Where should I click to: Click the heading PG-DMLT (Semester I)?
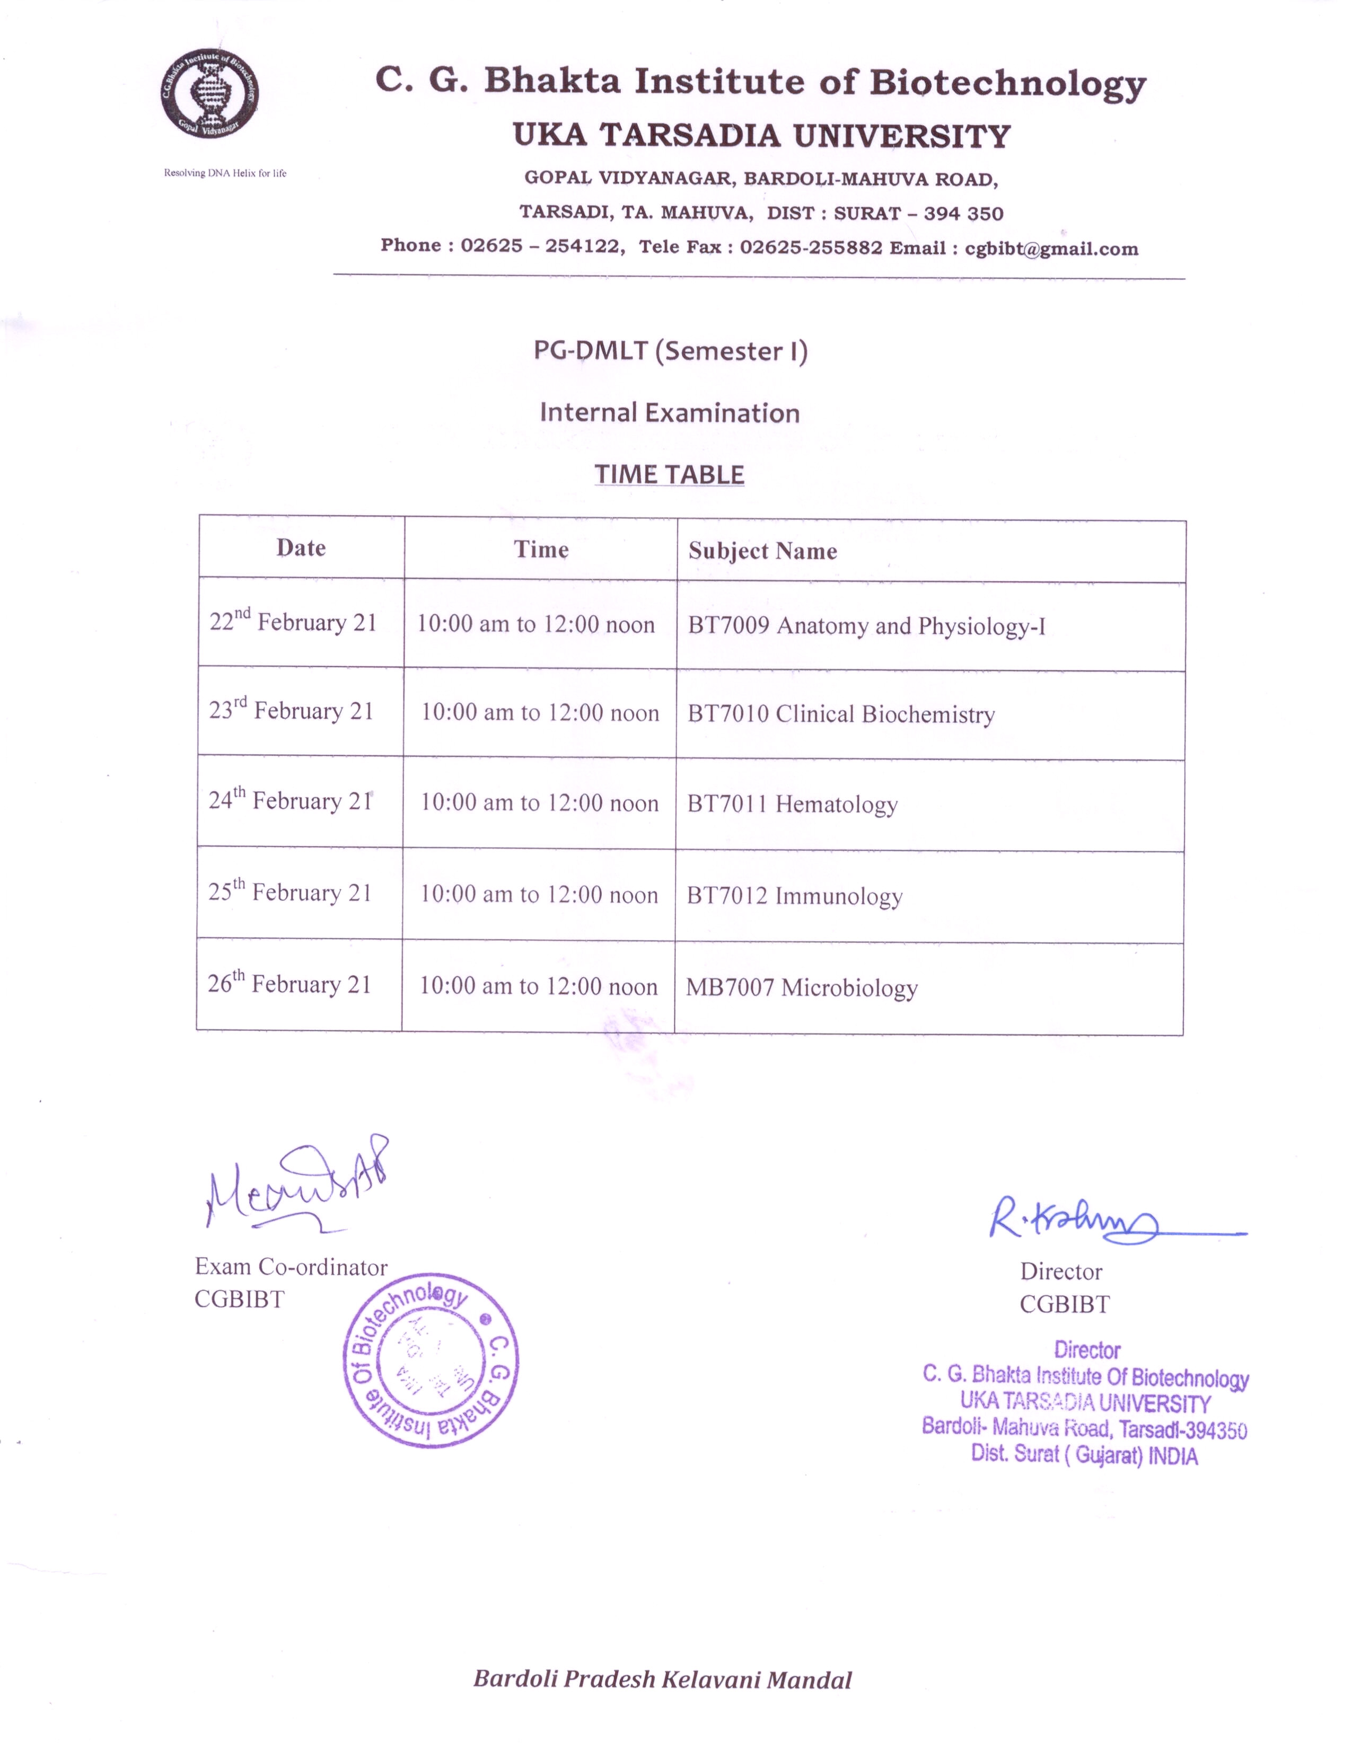pyautogui.click(x=670, y=351)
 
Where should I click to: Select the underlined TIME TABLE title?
pyautogui.click(x=670, y=474)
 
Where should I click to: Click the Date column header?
pyautogui.click(x=301, y=548)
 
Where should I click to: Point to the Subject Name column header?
pyautogui.click(x=762, y=551)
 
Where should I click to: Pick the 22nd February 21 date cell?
pyautogui.click(x=293, y=622)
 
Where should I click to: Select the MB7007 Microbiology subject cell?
pyautogui.click(x=802, y=987)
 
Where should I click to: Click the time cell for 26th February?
pyautogui.click(x=538, y=986)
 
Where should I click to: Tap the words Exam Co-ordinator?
pyautogui.click(x=291, y=1267)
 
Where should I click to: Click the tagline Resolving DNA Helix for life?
pyautogui.click(x=225, y=173)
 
